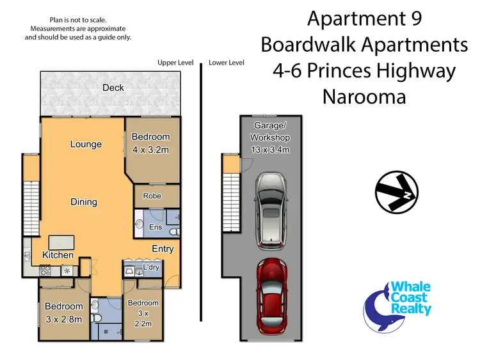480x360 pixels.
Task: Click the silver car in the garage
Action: click(271, 212)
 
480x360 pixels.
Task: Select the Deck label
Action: click(113, 88)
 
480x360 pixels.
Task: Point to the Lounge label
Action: click(86, 144)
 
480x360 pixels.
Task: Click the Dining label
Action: click(84, 202)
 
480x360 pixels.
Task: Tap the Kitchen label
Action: click(58, 255)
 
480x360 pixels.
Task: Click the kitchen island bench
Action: click(61, 241)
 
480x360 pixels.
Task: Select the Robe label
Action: click(152, 196)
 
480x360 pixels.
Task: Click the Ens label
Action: click(155, 227)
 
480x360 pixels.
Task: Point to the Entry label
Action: click(163, 249)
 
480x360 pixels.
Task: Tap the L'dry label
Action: click(151, 267)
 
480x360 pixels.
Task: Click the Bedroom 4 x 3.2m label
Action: click(151, 143)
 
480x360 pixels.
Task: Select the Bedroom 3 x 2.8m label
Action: click(63, 313)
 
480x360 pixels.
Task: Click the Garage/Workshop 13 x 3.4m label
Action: click(271, 138)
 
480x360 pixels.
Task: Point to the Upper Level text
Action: click(175, 63)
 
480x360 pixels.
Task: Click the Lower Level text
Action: click(227, 63)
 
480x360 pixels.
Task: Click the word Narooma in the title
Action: click(364, 98)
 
